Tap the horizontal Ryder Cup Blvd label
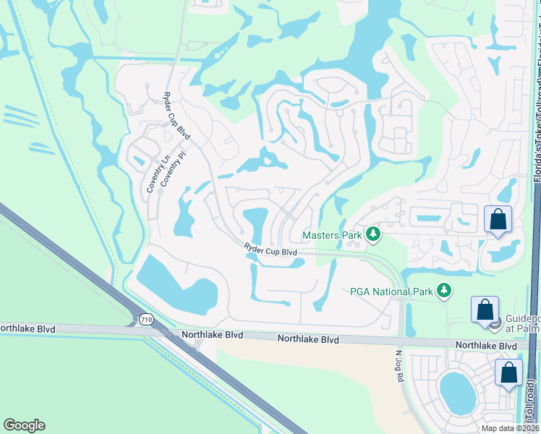click(x=270, y=250)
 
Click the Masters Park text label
click(x=332, y=235)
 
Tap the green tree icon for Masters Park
click(x=373, y=234)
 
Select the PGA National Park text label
click(x=391, y=292)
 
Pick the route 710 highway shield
click(x=146, y=318)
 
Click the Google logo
click(x=24, y=425)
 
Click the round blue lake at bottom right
click(x=456, y=392)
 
